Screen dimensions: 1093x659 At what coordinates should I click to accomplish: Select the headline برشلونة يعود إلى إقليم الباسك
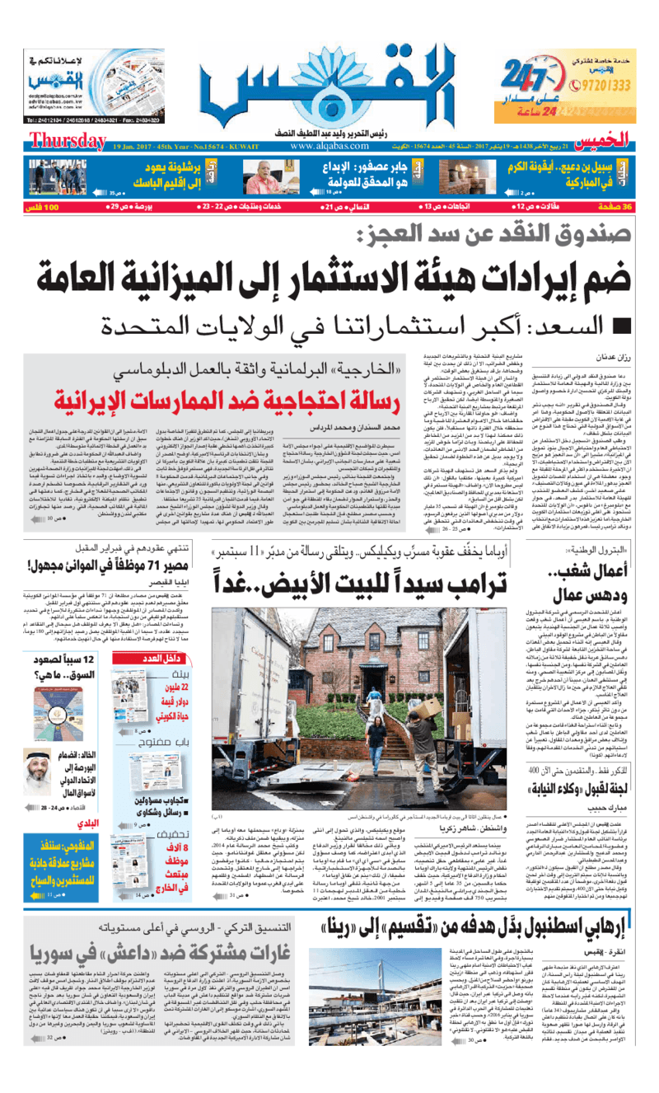pyautogui.click(x=152, y=175)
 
